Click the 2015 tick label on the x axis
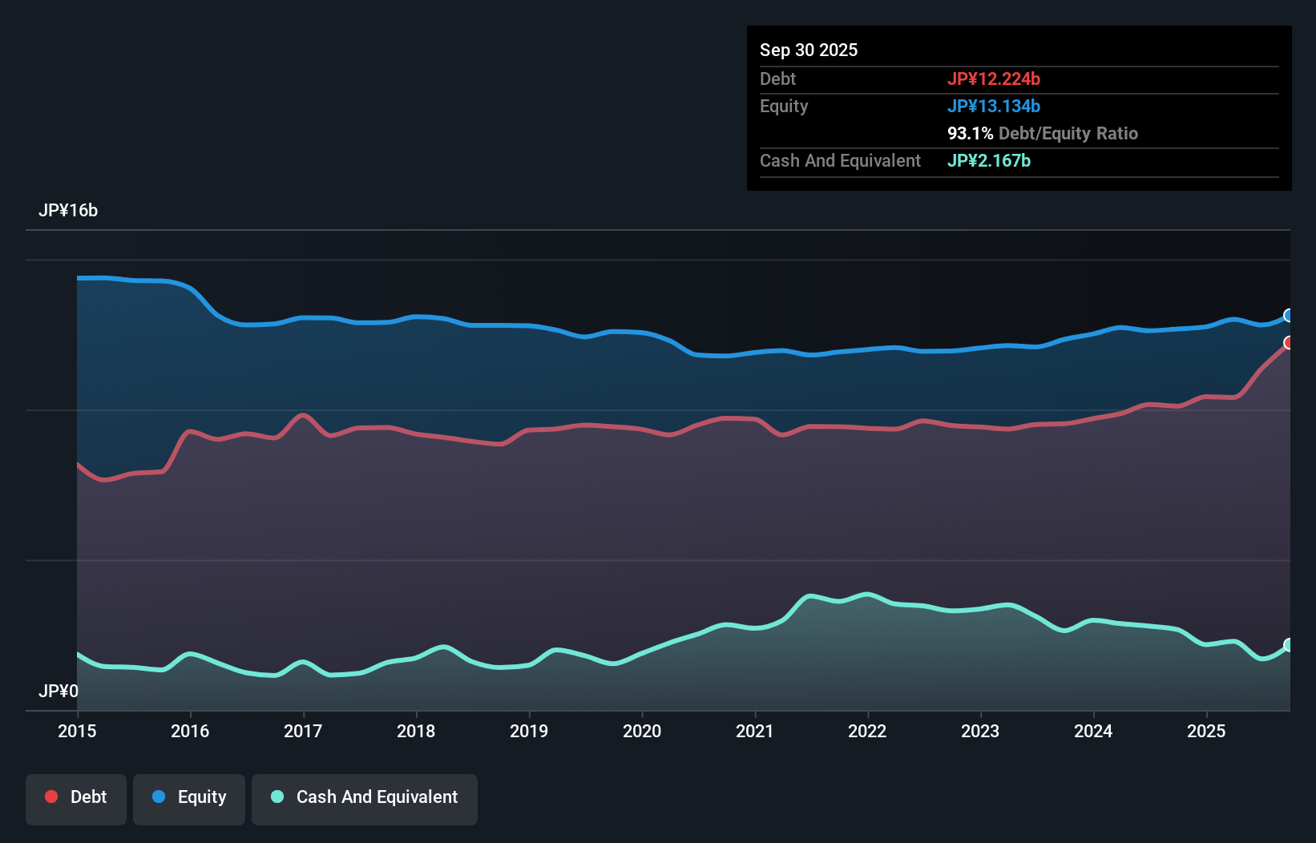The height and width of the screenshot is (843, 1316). tap(77, 731)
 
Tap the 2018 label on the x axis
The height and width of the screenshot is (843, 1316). tap(416, 731)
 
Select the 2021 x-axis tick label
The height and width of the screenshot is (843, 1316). tap(755, 731)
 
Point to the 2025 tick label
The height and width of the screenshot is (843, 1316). tap(1206, 731)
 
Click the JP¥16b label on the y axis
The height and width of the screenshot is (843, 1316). tap(68, 210)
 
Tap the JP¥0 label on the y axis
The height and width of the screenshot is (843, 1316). tap(59, 691)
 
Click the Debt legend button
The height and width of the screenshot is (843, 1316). tap(76, 797)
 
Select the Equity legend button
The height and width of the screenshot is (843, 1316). tap(189, 797)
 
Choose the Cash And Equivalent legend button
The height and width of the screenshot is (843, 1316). tap(365, 797)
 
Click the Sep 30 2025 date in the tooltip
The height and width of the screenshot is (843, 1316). tap(809, 50)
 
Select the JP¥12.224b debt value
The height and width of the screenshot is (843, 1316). tap(994, 79)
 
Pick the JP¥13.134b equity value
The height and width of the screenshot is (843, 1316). tap(994, 106)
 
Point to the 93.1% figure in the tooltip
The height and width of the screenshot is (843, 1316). tap(970, 133)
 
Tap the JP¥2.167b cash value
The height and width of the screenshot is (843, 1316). tap(989, 160)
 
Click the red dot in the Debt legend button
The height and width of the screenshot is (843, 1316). tap(51, 797)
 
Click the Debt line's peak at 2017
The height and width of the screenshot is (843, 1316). tap(303, 415)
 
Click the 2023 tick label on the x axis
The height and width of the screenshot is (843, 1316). tap(980, 731)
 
